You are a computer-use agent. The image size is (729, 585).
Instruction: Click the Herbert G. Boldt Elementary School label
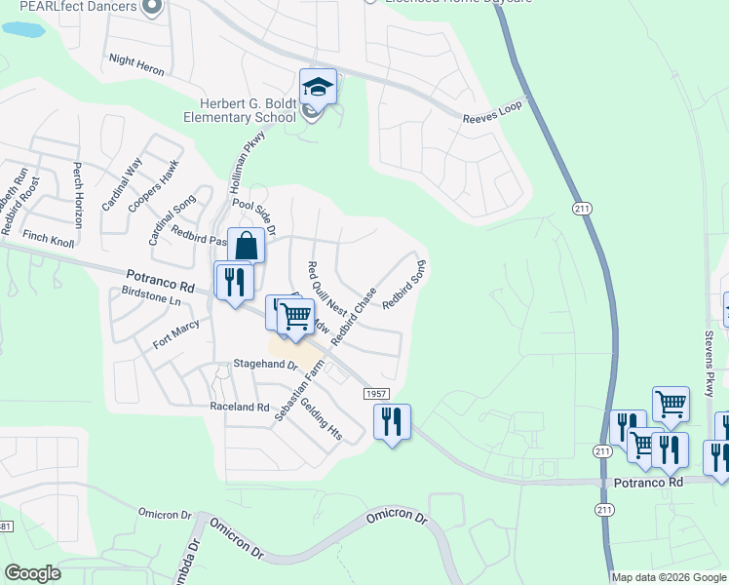(x=240, y=109)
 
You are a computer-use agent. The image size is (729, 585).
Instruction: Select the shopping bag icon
(x=246, y=245)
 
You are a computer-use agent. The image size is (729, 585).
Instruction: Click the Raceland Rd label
(x=239, y=407)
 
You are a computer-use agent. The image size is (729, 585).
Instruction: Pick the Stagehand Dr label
(x=264, y=364)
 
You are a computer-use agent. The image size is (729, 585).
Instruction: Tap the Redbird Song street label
(x=404, y=285)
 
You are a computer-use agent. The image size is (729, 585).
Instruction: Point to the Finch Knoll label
(x=49, y=238)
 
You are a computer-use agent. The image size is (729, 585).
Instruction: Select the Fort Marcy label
(x=175, y=334)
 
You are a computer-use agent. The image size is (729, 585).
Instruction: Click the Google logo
(x=32, y=573)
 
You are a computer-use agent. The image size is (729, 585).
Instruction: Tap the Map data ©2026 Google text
(x=668, y=577)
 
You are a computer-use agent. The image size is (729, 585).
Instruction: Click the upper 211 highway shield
(x=583, y=209)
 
